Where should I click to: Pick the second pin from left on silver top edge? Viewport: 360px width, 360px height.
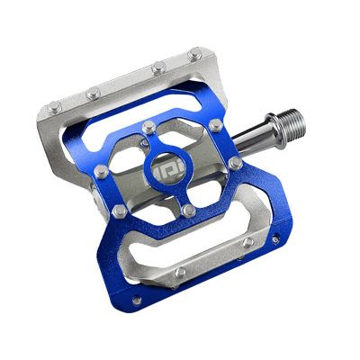(x=93, y=92)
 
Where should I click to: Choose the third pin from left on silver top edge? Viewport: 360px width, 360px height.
(x=158, y=67)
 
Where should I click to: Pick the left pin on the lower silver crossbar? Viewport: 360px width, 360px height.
(x=181, y=270)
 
